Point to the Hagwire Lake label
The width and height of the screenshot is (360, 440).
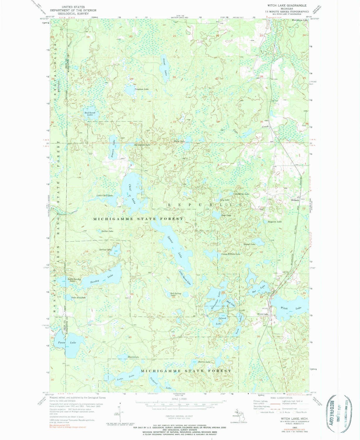coord(275,222)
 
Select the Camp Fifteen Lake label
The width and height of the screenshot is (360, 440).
coord(231,254)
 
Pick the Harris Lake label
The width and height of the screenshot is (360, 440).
coord(204,362)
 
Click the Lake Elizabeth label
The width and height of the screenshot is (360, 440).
coord(79,297)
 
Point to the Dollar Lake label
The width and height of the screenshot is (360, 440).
coord(107,231)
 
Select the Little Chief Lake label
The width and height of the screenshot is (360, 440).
coord(105,195)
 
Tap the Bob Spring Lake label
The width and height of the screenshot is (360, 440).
coord(176,294)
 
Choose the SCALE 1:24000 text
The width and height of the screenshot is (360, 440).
coord(180,400)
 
